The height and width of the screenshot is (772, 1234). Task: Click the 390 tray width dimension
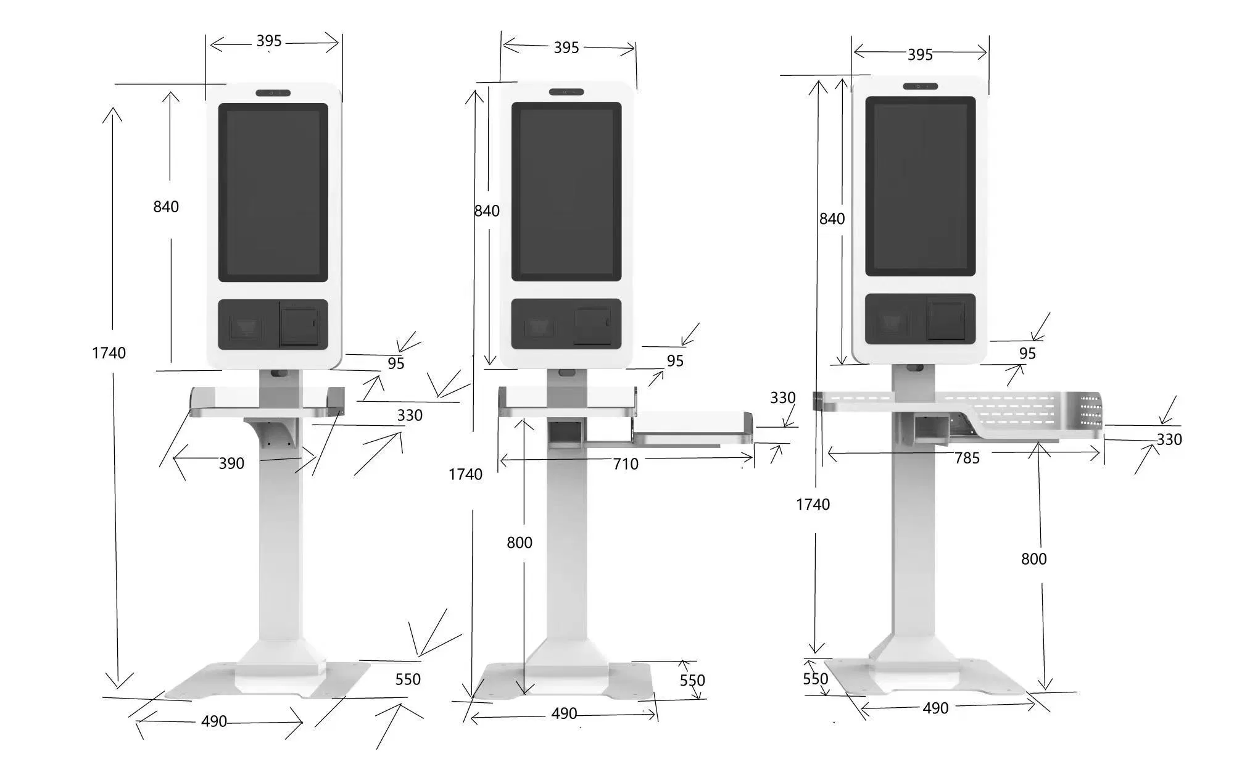tap(231, 463)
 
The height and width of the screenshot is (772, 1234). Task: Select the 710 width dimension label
tap(625, 464)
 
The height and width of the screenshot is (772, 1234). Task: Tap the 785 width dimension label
tap(966, 458)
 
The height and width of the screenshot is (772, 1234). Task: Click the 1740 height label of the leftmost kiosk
tap(109, 353)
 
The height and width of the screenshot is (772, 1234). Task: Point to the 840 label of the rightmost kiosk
tap(831, 218)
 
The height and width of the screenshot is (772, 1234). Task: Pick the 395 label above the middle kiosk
tap(566, 48)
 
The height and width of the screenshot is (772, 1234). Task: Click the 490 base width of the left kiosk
tap(214, 721)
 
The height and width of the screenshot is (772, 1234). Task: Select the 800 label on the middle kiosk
tap(519, 542)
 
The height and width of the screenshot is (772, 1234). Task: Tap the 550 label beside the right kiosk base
tap(815, 679)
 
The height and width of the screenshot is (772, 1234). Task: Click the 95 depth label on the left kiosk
tap(395, 363)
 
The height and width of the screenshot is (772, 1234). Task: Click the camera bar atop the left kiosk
tap(273, 93)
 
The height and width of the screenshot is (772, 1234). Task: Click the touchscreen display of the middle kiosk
tap(566, 191)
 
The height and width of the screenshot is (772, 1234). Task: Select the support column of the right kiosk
tap(913, 543)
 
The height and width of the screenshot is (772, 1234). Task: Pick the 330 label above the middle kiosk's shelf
tap(782, 398)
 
